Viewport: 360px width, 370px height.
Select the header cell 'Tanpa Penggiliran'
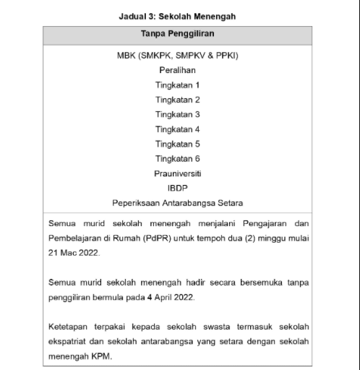pyautogui.click(x=177, y=34)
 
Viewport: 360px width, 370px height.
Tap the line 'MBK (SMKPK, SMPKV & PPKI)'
pyautogui.click(x=177, y=56)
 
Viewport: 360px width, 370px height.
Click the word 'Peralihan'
pyautogui.click(x=177, y=70)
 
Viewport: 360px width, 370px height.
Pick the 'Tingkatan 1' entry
pyautogui.click(x=177, y=85)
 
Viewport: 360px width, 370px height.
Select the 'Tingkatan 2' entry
pyautogui.click(x=177, y=100)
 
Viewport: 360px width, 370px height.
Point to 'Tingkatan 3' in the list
pyautogui.click(x=177, y=114)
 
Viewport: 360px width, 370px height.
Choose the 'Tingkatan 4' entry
pyautogui.click(x=177, y=129)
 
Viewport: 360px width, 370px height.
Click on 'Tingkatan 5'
pyautogui.click(x=177, y=144)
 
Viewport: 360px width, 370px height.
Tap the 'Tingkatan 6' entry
pyautogui.click(x=177, y=158)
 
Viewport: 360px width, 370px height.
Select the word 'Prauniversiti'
pyautogui.click(x=177, y=173)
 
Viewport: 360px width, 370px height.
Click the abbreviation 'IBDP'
pyautogui.click(x=177, y=188)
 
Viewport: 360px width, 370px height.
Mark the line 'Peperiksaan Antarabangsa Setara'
pyautogui.click(x=177, y=202)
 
